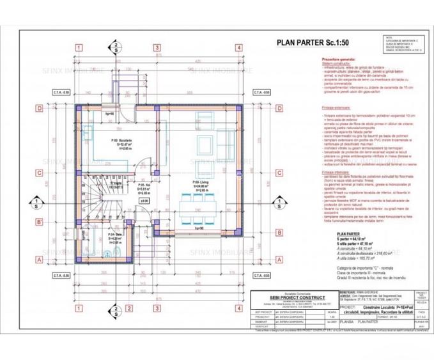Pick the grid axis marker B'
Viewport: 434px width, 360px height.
[40, 222]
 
